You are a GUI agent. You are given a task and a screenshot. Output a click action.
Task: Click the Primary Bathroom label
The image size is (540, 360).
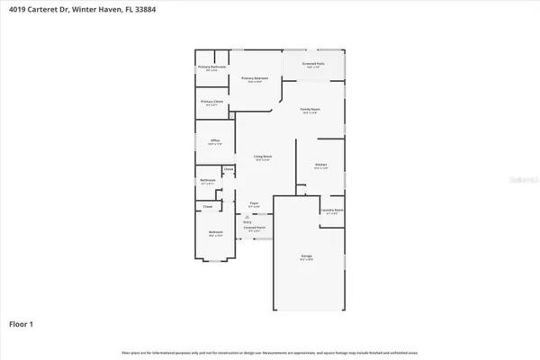point(211,67)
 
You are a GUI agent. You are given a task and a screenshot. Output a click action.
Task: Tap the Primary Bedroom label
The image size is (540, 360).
point(255,79)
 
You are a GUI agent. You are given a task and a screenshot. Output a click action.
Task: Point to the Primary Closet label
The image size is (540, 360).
point(212,102)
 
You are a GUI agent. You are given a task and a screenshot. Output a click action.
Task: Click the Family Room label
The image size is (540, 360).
point(310,110)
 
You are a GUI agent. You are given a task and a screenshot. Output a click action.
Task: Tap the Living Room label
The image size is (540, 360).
point(262,157)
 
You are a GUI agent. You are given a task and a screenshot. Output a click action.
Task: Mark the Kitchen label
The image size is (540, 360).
point(320,164)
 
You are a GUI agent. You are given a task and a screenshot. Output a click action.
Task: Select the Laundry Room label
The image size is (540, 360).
point(332,211)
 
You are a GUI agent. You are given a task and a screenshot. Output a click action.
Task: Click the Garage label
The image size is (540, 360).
point(307,256)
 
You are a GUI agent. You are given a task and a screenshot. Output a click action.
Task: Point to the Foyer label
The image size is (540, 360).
point(255,204)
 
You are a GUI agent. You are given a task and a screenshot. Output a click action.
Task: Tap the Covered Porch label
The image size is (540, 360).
point(254,229)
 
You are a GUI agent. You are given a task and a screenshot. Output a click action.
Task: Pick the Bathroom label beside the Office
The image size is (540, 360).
point(207,181)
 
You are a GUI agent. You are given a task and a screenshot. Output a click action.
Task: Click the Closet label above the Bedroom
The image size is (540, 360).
point(207,206)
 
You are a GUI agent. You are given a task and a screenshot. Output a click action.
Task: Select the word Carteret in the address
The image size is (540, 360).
point(42,9)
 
